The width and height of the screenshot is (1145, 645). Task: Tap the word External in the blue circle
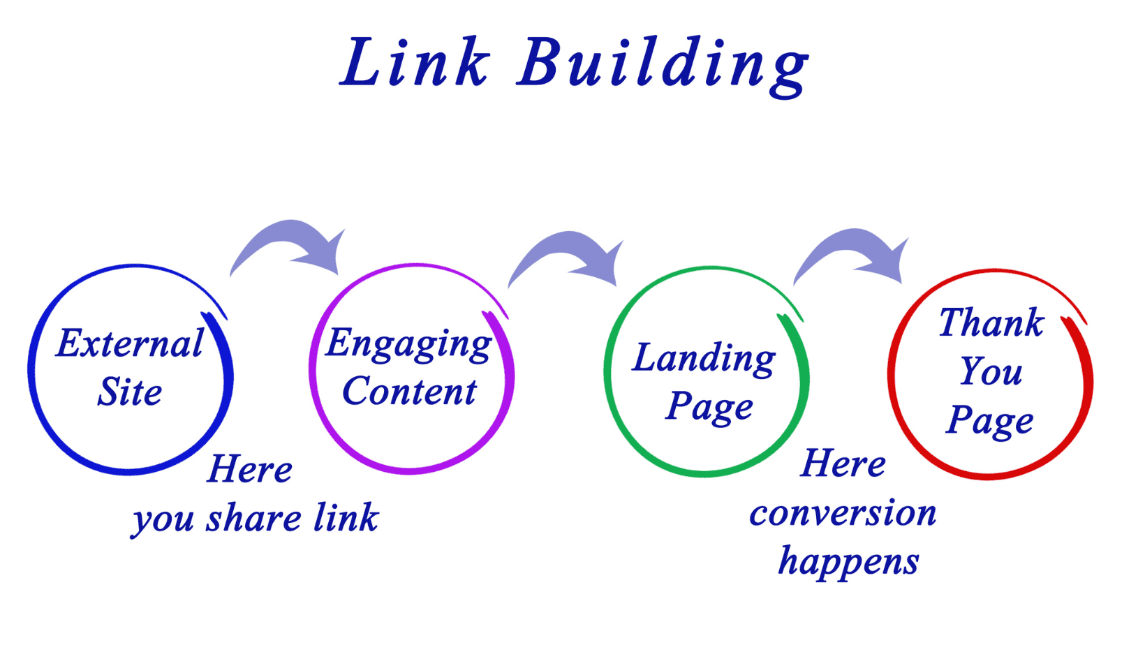[x=130, y=343]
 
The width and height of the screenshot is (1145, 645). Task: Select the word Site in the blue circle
[x=130, y=392]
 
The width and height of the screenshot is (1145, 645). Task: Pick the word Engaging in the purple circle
[x=409, y=345]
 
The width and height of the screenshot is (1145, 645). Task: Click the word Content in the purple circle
[x=409, y=391]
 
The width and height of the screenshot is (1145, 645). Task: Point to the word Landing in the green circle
[x=704, y=359]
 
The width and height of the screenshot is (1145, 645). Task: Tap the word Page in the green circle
[x=709, y=407]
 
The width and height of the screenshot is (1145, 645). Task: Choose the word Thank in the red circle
[x=991, y=323]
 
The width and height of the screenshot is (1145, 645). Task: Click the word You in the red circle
[x=991, y=371]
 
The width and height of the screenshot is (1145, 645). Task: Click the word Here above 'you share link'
[x=250, y=469]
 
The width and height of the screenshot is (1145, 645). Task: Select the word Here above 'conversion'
[x=843, y=464]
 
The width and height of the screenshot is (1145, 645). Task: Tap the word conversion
[x=843, y=514]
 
